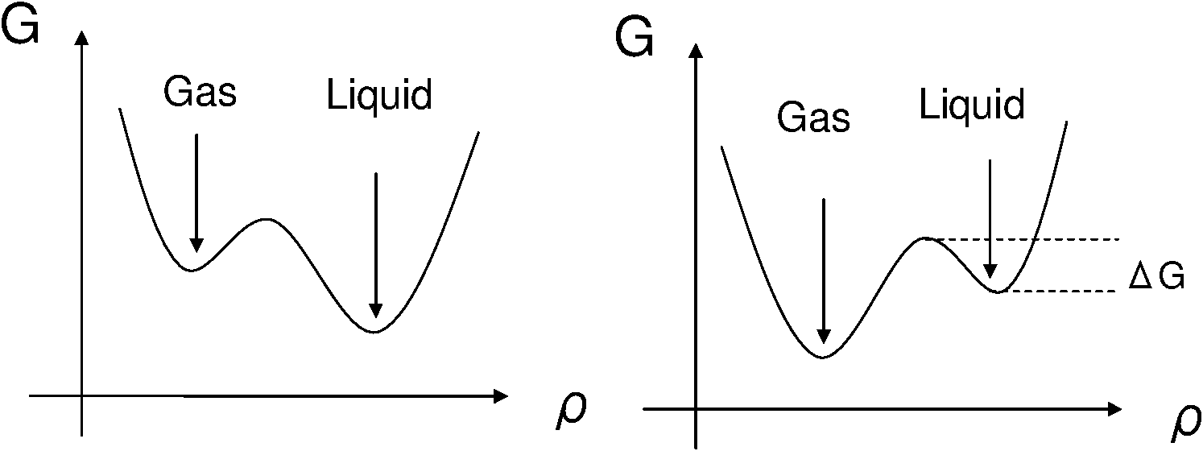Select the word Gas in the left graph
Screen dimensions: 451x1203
(x=200, y=93)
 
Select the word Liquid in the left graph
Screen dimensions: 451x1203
(x=379, y=96)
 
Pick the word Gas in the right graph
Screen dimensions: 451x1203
(x=813, y=118)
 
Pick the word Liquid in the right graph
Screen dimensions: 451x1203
(x=972, y=106)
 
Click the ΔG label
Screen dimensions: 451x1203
(x=1155, y=280)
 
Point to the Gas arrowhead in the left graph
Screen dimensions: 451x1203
(x=196, y=244)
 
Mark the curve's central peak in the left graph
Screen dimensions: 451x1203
(x=265, y=218)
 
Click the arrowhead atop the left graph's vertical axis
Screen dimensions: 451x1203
(x=81, y=38)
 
